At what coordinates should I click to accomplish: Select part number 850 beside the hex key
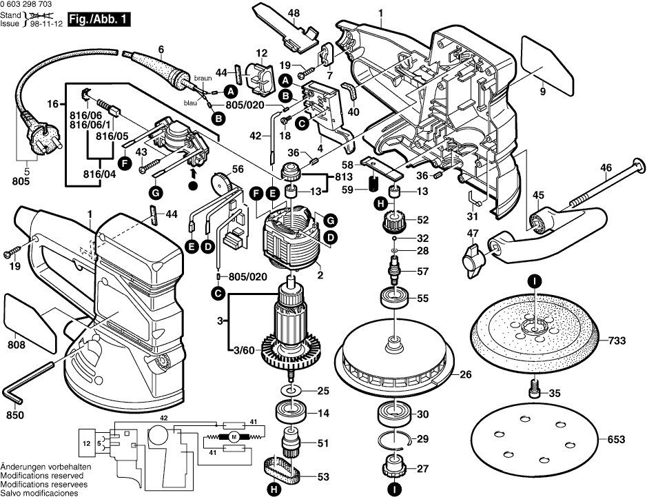(15, 416)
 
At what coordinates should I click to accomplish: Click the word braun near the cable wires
(203, 78)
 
